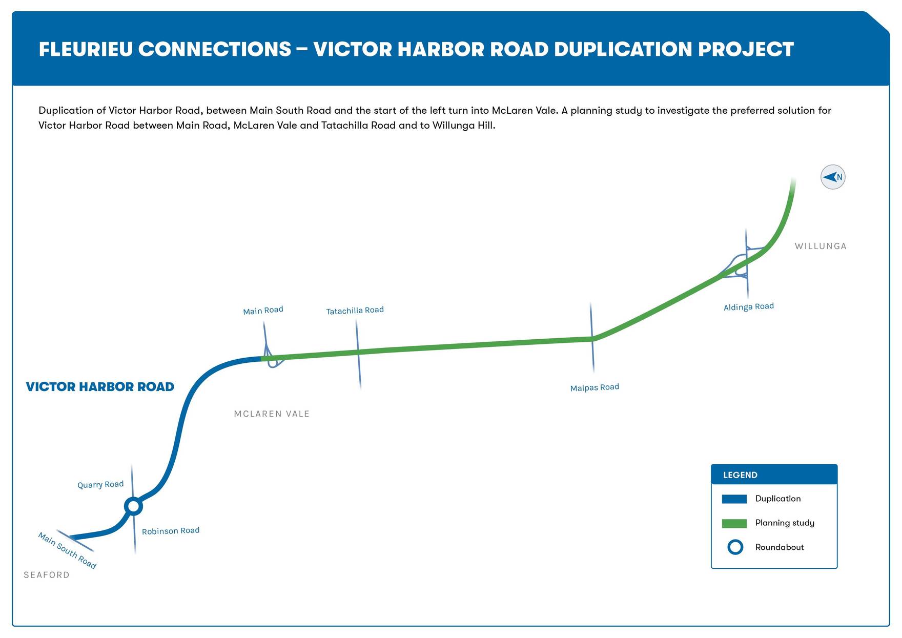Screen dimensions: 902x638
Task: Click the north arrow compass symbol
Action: [x=833, y=177]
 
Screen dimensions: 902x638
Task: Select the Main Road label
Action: [x=263, y=311]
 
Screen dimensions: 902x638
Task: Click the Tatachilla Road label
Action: [x=355, y=311]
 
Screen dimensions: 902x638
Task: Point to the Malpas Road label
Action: [x=594, y=387]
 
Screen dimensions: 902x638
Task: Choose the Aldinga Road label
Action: [x=749, y=307]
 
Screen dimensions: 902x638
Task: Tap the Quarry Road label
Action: [x=100, y=485]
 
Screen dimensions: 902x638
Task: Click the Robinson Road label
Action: [x=171, y=531]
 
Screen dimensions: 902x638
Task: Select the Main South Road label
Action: [x=67, y=550]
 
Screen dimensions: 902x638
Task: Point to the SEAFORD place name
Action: [x=47, y=575]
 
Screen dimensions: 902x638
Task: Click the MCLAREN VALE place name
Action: [x=272, y=414]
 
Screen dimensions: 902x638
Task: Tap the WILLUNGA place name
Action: [x=821, y=246]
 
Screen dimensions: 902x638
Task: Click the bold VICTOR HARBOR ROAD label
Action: [x=100, y=387]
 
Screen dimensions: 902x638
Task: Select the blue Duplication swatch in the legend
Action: [x=734, y=499]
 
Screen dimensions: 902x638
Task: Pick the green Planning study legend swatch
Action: [x=734, y=523]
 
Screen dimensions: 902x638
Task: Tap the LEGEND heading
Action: [x=740, y=475]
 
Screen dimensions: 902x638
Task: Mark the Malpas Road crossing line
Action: [x=592, y=337]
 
